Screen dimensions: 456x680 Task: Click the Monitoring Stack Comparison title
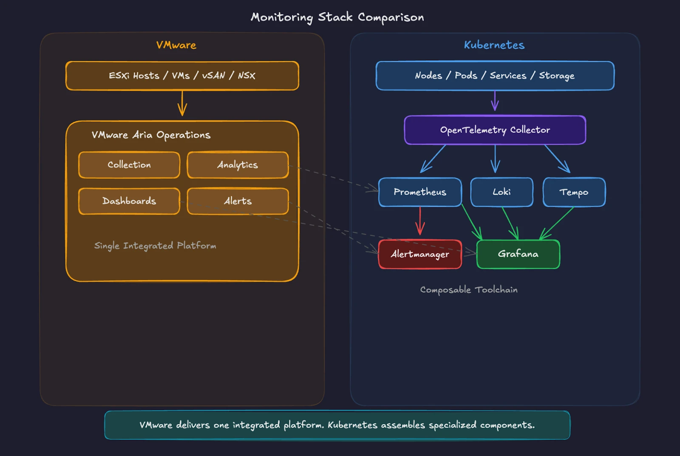point(337,17)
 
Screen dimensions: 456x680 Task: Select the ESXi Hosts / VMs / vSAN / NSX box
point(182,76)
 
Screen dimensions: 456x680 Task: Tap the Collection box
point(129,165)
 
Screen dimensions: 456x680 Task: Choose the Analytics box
point(238,165)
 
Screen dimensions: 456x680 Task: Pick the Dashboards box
point(129,201)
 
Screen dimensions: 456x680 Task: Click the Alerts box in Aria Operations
point(238,201)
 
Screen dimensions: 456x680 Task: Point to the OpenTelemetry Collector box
point(495,130)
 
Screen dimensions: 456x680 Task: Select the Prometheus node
point(420,192)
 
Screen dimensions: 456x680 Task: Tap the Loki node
point(501,192)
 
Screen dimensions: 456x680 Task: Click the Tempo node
point(574,192)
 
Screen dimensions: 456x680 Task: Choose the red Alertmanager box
point(420,254)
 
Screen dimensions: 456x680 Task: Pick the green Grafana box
point(518,254)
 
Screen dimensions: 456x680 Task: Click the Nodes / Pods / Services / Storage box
point(495,76)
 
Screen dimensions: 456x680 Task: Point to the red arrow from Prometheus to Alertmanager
point(420,221)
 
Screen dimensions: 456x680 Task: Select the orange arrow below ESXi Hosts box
point(182,103)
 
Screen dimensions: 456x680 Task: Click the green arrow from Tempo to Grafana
point(557,223)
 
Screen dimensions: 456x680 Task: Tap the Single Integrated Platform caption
point(155,246)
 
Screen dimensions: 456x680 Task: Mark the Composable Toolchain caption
point(469,290)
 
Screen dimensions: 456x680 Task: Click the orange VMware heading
point(176,45)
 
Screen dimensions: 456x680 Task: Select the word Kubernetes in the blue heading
point(494,45)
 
